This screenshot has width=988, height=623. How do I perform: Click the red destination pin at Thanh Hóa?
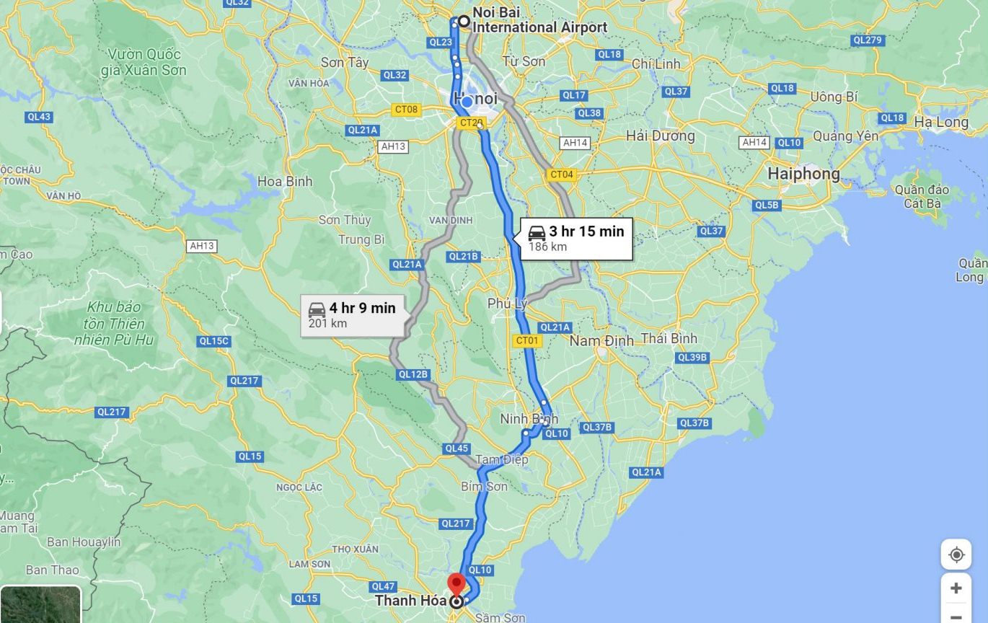[x=456, y=583]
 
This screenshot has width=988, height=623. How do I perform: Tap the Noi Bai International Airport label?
[x=539, y=20]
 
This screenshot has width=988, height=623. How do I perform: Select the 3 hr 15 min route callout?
[x=576, y=238]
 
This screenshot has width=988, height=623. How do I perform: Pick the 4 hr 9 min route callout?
[x=352, y=314]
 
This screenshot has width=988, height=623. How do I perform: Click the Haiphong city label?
[x=803, y=174]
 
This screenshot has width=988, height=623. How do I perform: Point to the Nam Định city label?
[x=601, y=340]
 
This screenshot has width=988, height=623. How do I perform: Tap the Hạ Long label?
[x=941, y=122]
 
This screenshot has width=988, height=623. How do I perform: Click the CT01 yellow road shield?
[x=527, y=340]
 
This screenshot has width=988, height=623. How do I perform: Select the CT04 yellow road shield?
[x=561, y=174]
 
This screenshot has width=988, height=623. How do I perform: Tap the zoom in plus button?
[x=956, y=588]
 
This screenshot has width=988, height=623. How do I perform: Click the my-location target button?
[x=956, y=554]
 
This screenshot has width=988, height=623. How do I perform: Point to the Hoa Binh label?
[x=285, y=181]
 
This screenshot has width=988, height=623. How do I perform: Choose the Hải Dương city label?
[x=660, y=136]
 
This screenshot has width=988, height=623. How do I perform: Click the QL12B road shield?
[x=413, y=374]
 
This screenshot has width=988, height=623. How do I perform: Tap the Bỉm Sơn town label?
[x=484, y=487]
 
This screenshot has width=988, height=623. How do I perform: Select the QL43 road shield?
[x=38, y=117]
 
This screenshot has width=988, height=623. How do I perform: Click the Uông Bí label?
[x=834, y=97]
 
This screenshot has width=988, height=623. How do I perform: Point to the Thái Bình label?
[x=669, y=338]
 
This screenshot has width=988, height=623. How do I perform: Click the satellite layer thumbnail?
[x=40, y=604]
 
